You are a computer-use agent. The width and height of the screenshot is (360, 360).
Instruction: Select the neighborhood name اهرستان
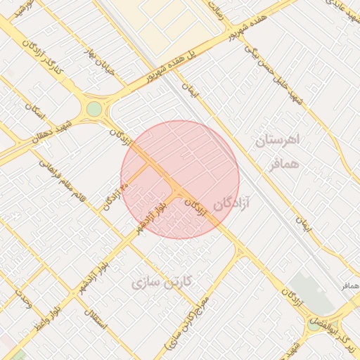278,140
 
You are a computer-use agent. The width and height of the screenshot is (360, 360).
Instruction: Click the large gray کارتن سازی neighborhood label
166,283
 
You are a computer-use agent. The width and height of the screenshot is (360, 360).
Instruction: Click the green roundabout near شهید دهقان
94,109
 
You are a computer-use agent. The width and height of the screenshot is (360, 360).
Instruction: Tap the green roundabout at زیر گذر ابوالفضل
313,324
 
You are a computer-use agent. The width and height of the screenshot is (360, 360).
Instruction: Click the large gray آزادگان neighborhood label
227,205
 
